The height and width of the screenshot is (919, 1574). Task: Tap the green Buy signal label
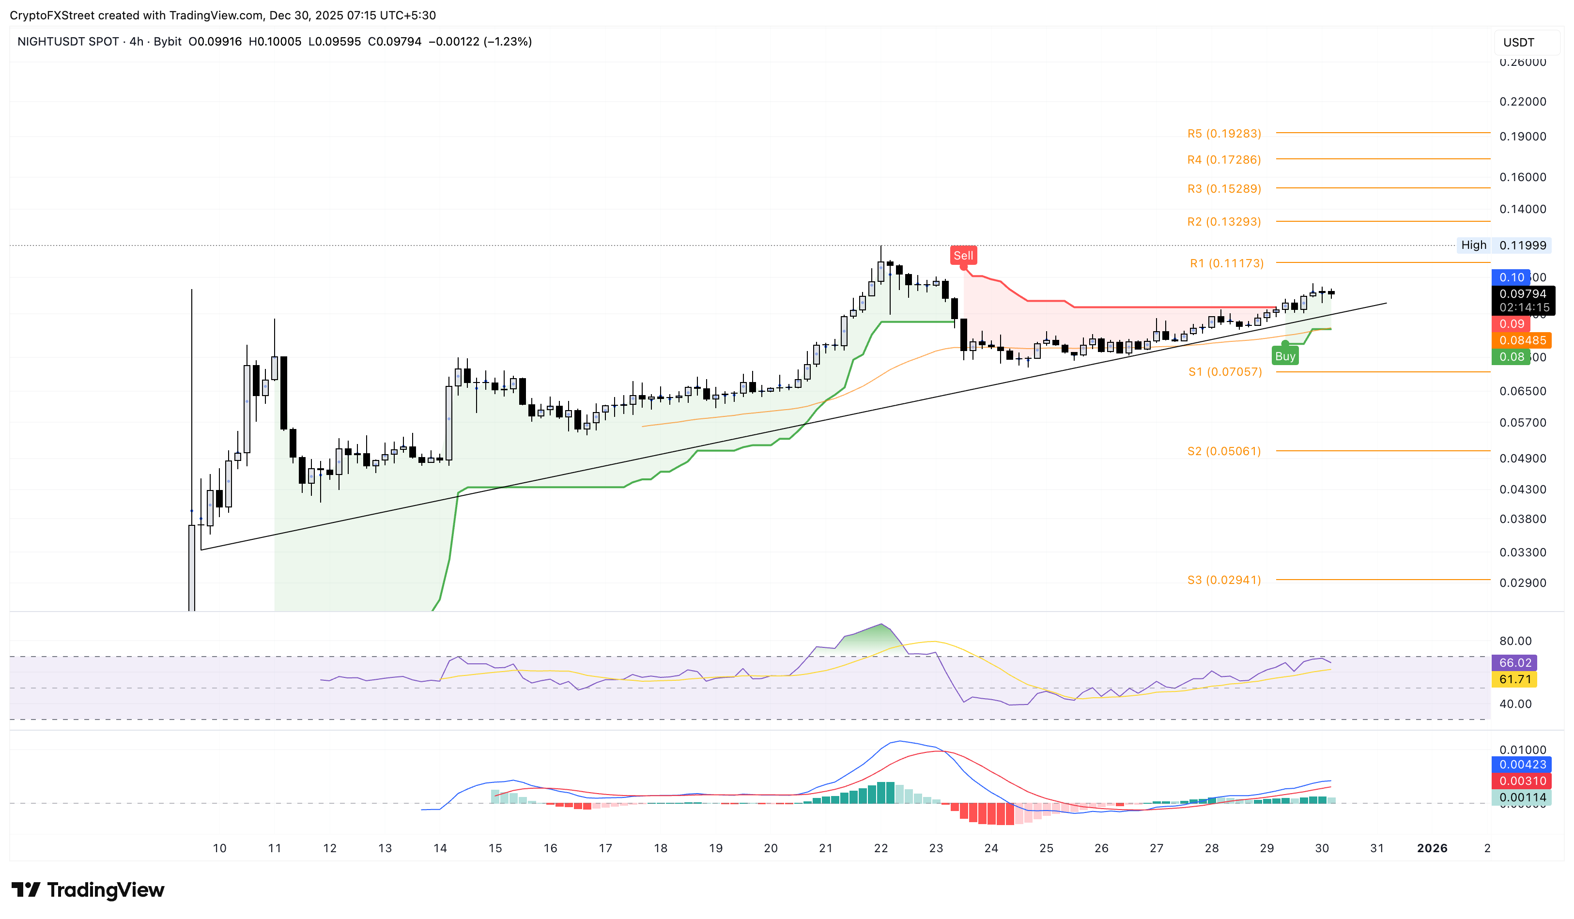point(1284,356)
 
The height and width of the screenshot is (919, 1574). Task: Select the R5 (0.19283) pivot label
point(1223,134)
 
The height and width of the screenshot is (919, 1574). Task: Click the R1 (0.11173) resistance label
point(1226,263)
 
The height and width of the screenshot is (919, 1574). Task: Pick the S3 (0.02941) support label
point(1223,580)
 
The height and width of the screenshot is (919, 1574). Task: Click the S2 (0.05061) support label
point(1223,451)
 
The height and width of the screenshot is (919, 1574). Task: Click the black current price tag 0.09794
point(1522,294)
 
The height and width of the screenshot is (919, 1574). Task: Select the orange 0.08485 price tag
point(1522,340)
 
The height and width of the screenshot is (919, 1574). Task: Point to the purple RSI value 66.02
point(1514,663)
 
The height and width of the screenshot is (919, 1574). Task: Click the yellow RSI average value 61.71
point(1514,679)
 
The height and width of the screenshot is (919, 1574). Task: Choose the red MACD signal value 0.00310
point(1522,781)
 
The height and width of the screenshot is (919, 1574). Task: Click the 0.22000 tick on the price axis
point(1522,102)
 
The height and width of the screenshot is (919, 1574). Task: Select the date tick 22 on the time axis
point(880,848)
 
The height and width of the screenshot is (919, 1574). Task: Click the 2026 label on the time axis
point(1432,848)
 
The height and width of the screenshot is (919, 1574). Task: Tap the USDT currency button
point(1518,43)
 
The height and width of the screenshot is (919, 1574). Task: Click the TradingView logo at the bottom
point(88,889)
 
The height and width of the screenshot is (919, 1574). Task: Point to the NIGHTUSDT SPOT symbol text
point(68,42)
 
